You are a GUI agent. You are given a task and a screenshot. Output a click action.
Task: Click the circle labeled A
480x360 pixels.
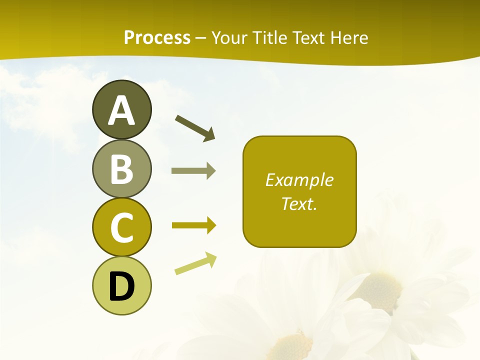(121, 109)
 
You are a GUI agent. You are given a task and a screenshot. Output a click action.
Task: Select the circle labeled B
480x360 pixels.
(121, 168)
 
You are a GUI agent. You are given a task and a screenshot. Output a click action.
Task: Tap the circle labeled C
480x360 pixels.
(121, 227)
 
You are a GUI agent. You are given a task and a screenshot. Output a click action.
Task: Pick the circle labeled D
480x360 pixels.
(121, 285)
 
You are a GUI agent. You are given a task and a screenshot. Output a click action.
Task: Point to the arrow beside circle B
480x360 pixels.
(193, 171)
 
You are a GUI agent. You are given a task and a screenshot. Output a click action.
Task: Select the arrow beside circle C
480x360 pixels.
(193, 225)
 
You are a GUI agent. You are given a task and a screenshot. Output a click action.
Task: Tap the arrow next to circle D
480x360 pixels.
(195, 263)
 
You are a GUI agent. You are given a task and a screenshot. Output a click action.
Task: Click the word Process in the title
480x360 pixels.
(157, 37)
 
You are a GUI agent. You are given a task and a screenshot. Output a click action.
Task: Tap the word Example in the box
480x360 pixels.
(299, 180)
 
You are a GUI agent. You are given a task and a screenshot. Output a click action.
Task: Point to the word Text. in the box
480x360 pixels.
(299, 203)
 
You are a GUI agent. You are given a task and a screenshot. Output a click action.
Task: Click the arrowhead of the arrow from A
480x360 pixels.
(209, 134)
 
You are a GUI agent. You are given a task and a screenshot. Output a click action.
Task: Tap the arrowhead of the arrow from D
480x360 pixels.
(211, 259)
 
